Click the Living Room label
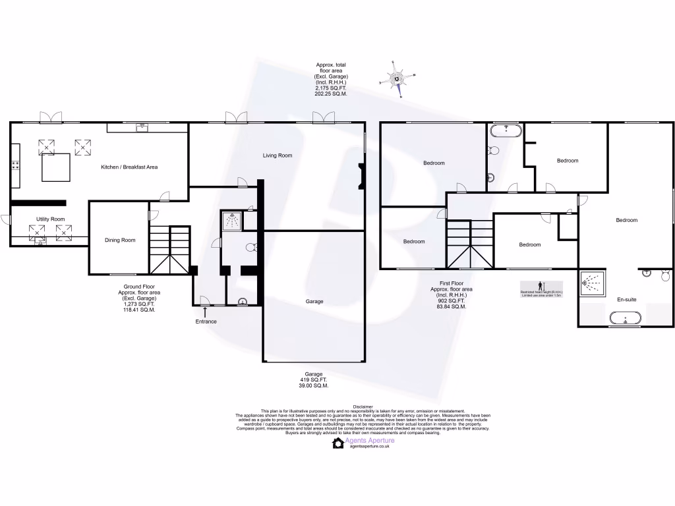278,155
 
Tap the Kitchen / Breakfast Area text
129,167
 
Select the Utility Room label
51,219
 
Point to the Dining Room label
120,240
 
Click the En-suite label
626,300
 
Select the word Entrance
206,322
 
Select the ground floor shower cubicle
231,221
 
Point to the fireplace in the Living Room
360,177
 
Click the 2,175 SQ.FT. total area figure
331,88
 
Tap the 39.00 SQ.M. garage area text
314,385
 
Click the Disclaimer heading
363,407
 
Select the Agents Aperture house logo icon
338,443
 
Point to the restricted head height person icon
541,285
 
